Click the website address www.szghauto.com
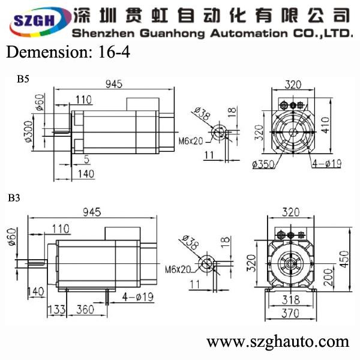[278, 342]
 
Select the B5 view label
[23, 79]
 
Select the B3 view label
[14, 197]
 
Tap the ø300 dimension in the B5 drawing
[29, 131]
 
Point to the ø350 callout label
[263, 164]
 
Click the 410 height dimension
[325, 125]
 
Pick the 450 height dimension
[344, 259]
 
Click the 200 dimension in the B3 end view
[328, 277]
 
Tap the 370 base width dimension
[290, 313]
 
